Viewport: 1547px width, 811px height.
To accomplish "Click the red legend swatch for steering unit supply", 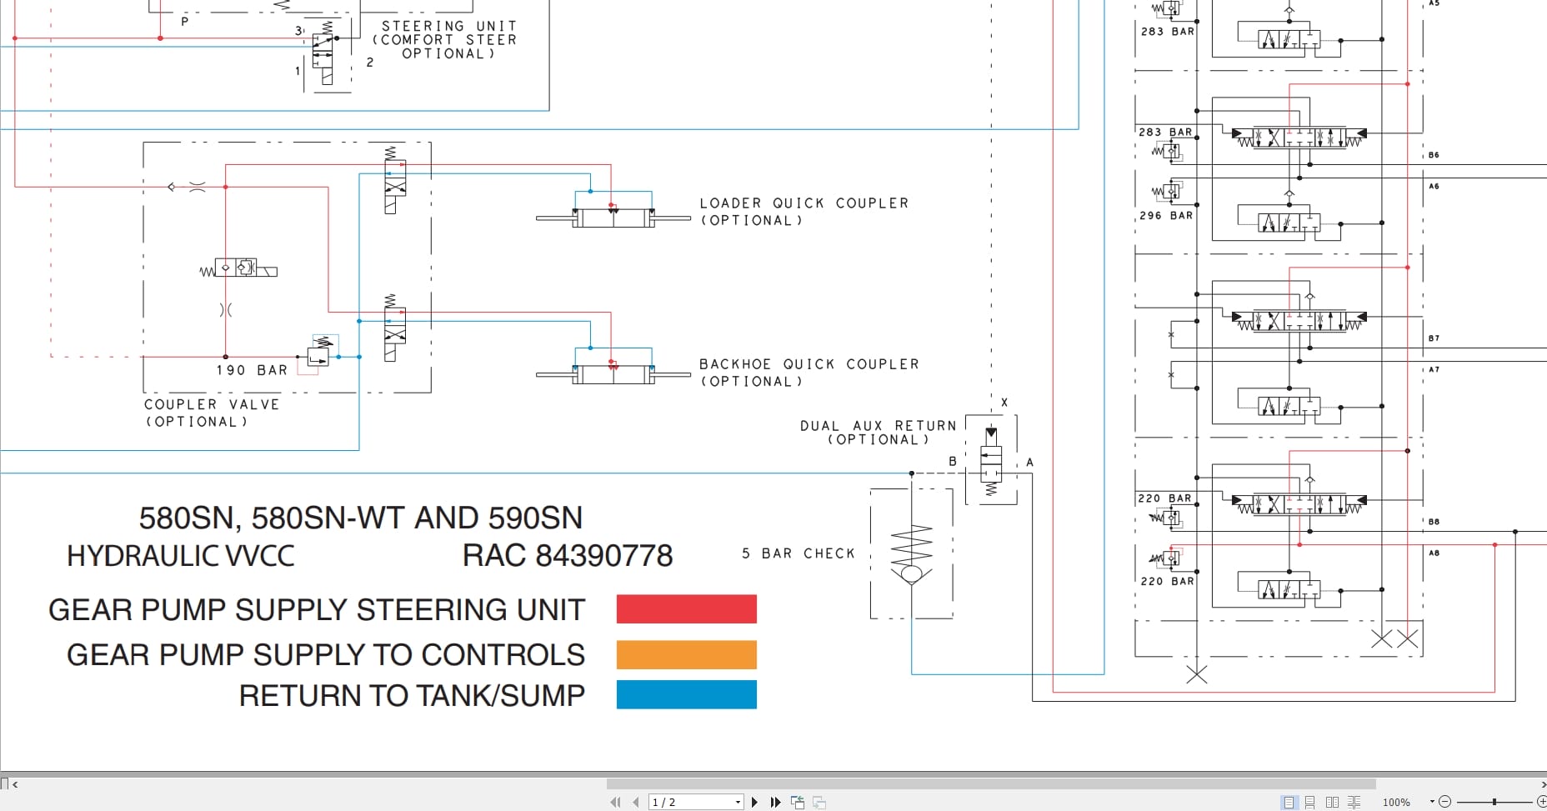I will [686, 608].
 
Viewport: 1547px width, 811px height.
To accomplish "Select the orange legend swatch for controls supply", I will [686, 654].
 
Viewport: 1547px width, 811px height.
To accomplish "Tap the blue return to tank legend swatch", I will [686, 694].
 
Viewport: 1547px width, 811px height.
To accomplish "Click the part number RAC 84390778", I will [567, 556].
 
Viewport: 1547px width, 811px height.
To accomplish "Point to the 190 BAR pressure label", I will [252, 370].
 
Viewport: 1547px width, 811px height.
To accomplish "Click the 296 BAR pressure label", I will [1166, 215].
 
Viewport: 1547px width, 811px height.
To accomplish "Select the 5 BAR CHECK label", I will [798, 553].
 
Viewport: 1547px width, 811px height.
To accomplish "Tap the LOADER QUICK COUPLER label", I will [804, 203].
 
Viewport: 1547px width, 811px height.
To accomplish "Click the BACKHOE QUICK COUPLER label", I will [809, 364].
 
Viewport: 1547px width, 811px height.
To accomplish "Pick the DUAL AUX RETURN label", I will [878, 426].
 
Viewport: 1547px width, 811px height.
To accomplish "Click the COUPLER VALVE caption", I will [212, 404].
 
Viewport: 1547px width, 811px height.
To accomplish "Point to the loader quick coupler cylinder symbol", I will [613, 218].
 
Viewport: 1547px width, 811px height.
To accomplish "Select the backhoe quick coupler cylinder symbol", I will [613, 374].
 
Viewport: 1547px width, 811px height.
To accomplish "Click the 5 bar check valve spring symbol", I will [911, 546].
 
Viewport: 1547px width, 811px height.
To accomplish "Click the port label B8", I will [1434, 522].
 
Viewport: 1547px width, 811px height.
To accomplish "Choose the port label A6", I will [1434, 186].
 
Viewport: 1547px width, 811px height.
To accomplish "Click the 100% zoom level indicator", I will [1396, 802].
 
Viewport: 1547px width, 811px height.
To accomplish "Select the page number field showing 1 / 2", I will [693, 802].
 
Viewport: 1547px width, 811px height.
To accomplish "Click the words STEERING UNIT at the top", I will [448, 27].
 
